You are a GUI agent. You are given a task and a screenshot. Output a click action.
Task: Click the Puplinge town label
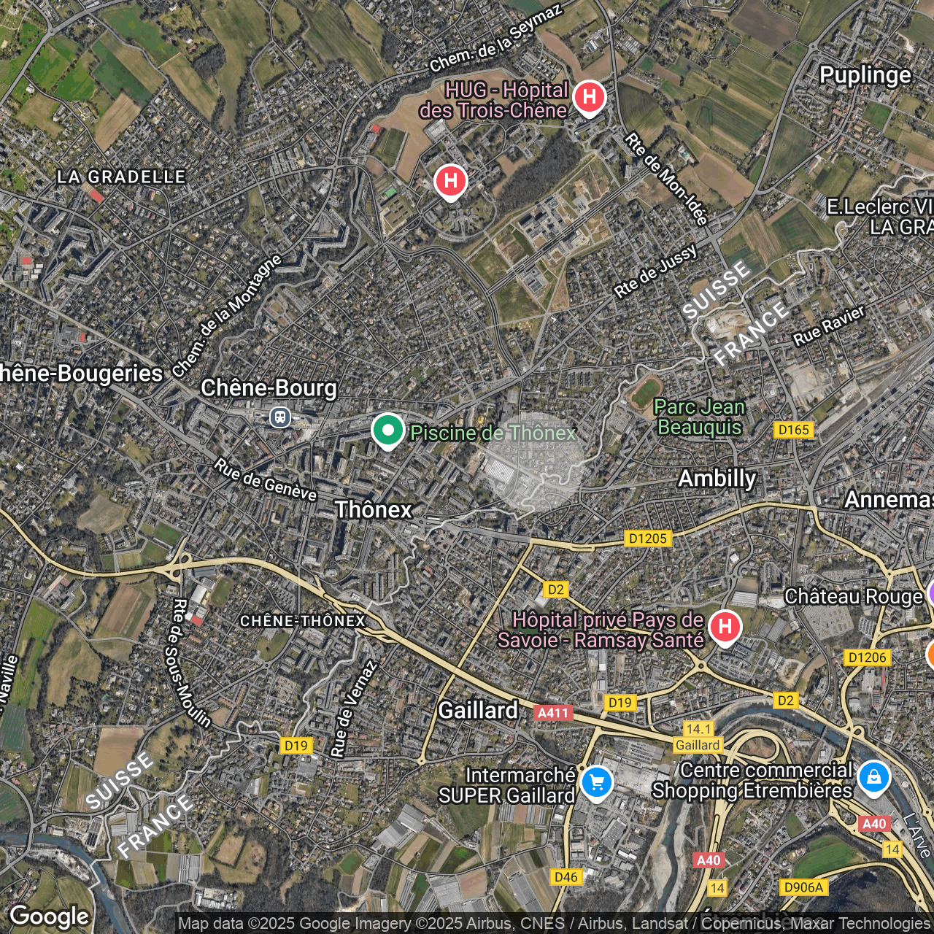[x=865, y=75]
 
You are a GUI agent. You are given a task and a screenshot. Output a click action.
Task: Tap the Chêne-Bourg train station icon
[x=279, y=417]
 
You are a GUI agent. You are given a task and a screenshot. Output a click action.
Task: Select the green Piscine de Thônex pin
[x=387, y=430]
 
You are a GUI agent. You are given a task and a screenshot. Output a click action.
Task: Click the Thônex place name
[x=374, y=509]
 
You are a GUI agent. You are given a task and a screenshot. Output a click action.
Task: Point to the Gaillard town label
[x=478, y=710]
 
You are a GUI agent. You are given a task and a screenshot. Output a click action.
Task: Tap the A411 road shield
[x=552, y=712]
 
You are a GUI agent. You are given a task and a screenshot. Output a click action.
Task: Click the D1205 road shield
[x=647, y=539]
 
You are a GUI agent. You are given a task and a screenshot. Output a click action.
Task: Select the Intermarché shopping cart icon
[x=597, y=783]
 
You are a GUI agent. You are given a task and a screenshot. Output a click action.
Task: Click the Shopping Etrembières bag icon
[x=873, y=777]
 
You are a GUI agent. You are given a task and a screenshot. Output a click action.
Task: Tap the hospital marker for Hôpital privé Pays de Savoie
[x=724, y=626]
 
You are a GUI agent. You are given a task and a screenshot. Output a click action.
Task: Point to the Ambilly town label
[x=717, y=479]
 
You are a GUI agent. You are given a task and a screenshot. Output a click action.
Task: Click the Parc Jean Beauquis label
[x=700, y=417]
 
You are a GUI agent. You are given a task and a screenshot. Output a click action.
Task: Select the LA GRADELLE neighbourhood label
[x=122, y=177]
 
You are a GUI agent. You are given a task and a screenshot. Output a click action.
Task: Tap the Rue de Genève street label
[x=266, y=480]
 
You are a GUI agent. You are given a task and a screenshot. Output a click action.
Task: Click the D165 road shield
[x=794, y=430]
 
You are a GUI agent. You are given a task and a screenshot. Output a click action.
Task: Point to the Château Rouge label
[x=854, y=597]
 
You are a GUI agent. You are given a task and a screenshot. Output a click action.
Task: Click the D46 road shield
[x=566, y=877]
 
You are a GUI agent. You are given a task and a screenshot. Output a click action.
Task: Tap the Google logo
[x=50, y=916]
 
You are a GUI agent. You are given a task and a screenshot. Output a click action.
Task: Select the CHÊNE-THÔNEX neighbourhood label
[x=303, y=621]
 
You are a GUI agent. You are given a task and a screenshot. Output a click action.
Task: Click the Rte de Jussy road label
[x=655, y=271]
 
